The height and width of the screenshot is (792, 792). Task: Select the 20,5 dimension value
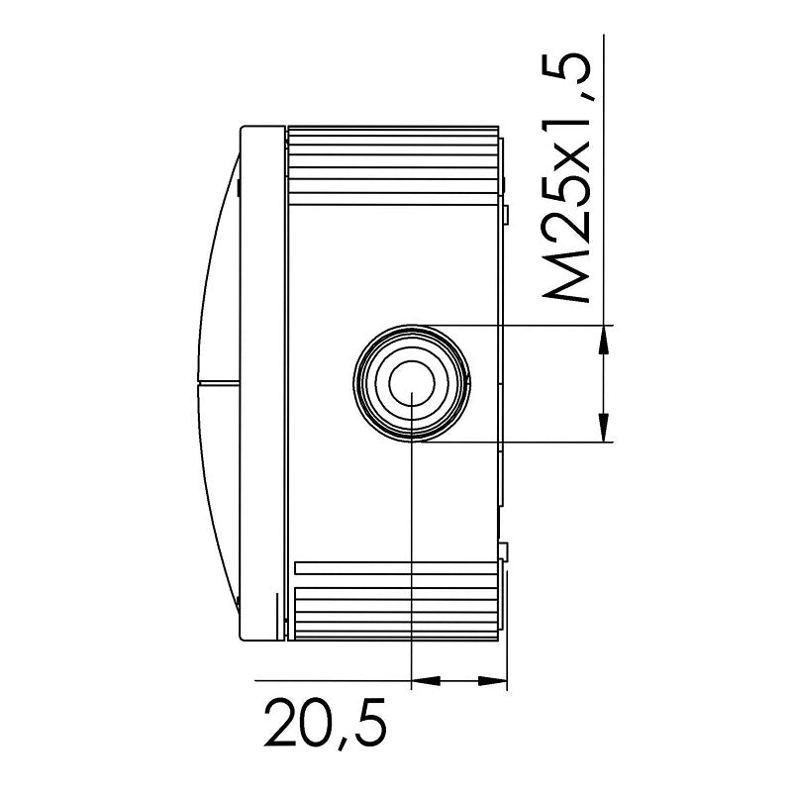tap(323, 727)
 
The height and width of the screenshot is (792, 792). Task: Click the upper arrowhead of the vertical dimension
tap(603, 340)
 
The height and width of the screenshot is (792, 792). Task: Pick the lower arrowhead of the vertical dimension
tap(603, 427)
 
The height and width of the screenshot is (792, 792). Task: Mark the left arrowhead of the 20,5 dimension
tap(424, 681)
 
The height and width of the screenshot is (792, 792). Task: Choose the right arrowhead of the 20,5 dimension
tap(492, 681)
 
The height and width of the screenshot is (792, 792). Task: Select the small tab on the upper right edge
tap(505, 213)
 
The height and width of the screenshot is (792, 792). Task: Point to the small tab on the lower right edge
tap(505, 550)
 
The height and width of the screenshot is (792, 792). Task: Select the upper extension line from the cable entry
tap(515, 325)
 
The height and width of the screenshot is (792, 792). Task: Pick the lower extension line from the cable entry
tap(515, 441)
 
